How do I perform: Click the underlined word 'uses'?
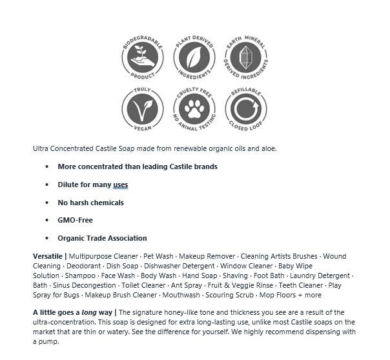click(x=120, y=185)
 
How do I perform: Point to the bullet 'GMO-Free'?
click(x=75, y=221)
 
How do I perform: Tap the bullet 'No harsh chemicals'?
click(x=90, y=203)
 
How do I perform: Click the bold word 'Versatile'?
click(x=48, y=257)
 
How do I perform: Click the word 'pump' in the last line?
click(x=45, y=341)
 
